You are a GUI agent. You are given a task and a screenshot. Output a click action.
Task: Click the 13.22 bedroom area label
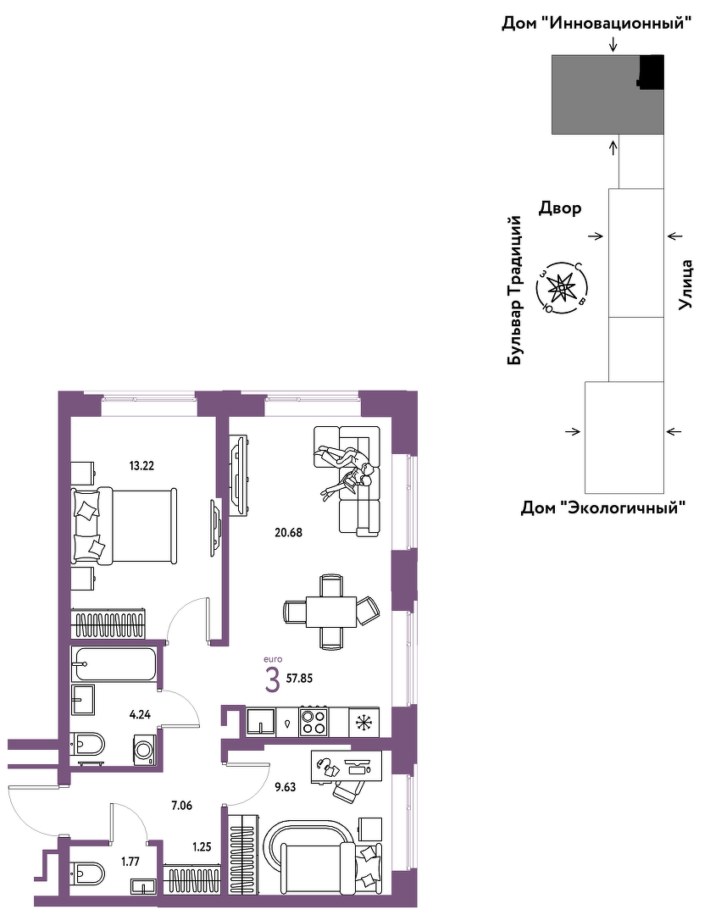click(141, 466)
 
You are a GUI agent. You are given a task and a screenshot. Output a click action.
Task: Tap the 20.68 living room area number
click(289, 532)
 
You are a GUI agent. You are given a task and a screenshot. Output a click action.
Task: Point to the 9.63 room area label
click(285, 787)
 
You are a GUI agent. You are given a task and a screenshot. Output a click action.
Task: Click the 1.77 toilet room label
click(130, 862)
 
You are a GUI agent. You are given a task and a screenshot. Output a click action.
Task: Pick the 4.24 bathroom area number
click(141, 713)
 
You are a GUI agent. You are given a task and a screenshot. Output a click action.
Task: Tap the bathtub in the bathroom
click(114, 663)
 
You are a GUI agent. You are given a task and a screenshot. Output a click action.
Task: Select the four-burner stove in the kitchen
click(313, 721)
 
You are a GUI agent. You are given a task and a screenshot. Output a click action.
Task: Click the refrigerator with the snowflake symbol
click(364, 722)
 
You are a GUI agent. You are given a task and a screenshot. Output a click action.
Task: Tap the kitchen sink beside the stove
click(261, 721)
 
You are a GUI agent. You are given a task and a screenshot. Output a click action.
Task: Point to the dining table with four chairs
click(330, 612)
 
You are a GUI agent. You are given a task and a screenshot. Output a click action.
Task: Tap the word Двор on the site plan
click(559, 208)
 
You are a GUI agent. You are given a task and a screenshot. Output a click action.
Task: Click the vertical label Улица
click(686, 284)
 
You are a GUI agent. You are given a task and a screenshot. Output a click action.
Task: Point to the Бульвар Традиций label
click(514, 291)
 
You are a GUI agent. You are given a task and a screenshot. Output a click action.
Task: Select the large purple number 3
click(272, 681)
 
